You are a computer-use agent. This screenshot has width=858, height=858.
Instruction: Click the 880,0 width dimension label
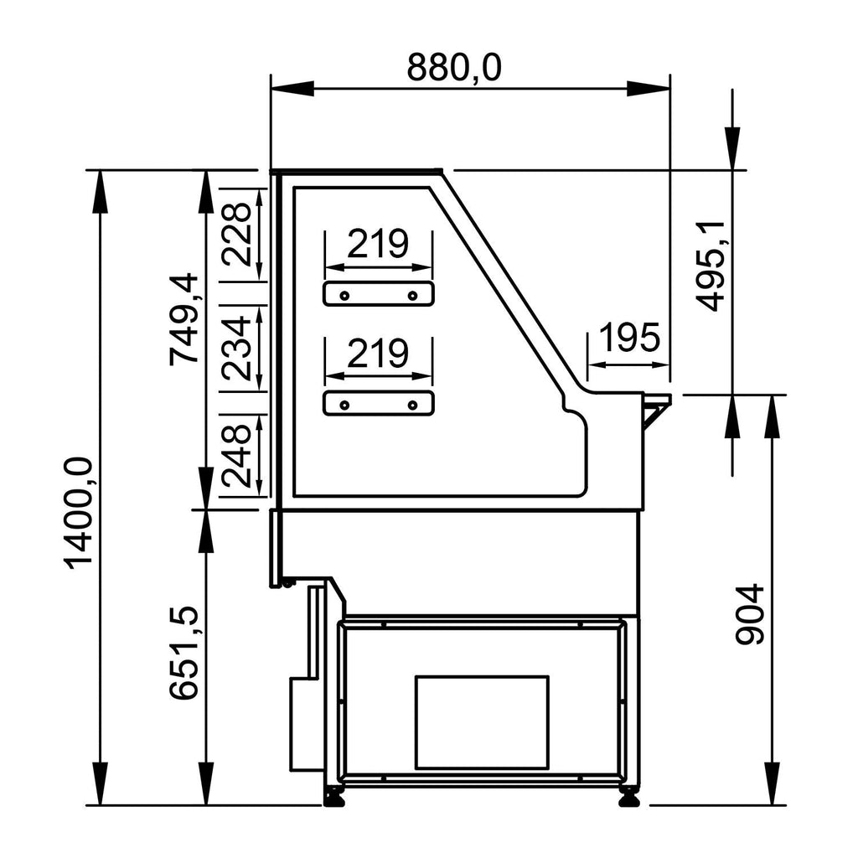click(x=453, y=67)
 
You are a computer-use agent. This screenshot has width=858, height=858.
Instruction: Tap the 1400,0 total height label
click(x=77, y=513)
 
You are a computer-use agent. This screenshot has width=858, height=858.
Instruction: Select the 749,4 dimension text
click(x=183, y=318)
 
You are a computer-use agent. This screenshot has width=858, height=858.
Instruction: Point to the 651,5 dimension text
click(x=183, y=653)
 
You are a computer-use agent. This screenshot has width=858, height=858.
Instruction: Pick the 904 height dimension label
click(x=749, y=614)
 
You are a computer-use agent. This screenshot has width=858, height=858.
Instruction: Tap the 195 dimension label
click(x=630, y=337)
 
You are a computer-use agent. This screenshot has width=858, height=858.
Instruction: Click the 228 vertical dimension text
click(x=235, y=235)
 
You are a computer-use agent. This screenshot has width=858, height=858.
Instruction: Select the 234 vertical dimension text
click(x=235, y=348)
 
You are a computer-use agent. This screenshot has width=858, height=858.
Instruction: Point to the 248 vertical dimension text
click(x=235, y=457)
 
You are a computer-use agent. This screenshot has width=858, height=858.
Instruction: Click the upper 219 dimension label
click(x=378, y=244)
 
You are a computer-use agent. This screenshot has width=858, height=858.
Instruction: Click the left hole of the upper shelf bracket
click(x=344, y=296)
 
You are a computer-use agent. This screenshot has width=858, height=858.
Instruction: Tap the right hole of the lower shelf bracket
click(x=413, y=405)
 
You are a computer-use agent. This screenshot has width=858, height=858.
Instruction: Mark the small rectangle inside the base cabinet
click(x=482, y=722)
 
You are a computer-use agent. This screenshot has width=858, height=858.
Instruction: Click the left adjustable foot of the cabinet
click(x=333, y=798)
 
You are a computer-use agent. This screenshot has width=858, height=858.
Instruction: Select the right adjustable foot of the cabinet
click(x=628, y=798)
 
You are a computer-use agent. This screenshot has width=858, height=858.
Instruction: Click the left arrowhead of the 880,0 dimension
click(x=292, y=89)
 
